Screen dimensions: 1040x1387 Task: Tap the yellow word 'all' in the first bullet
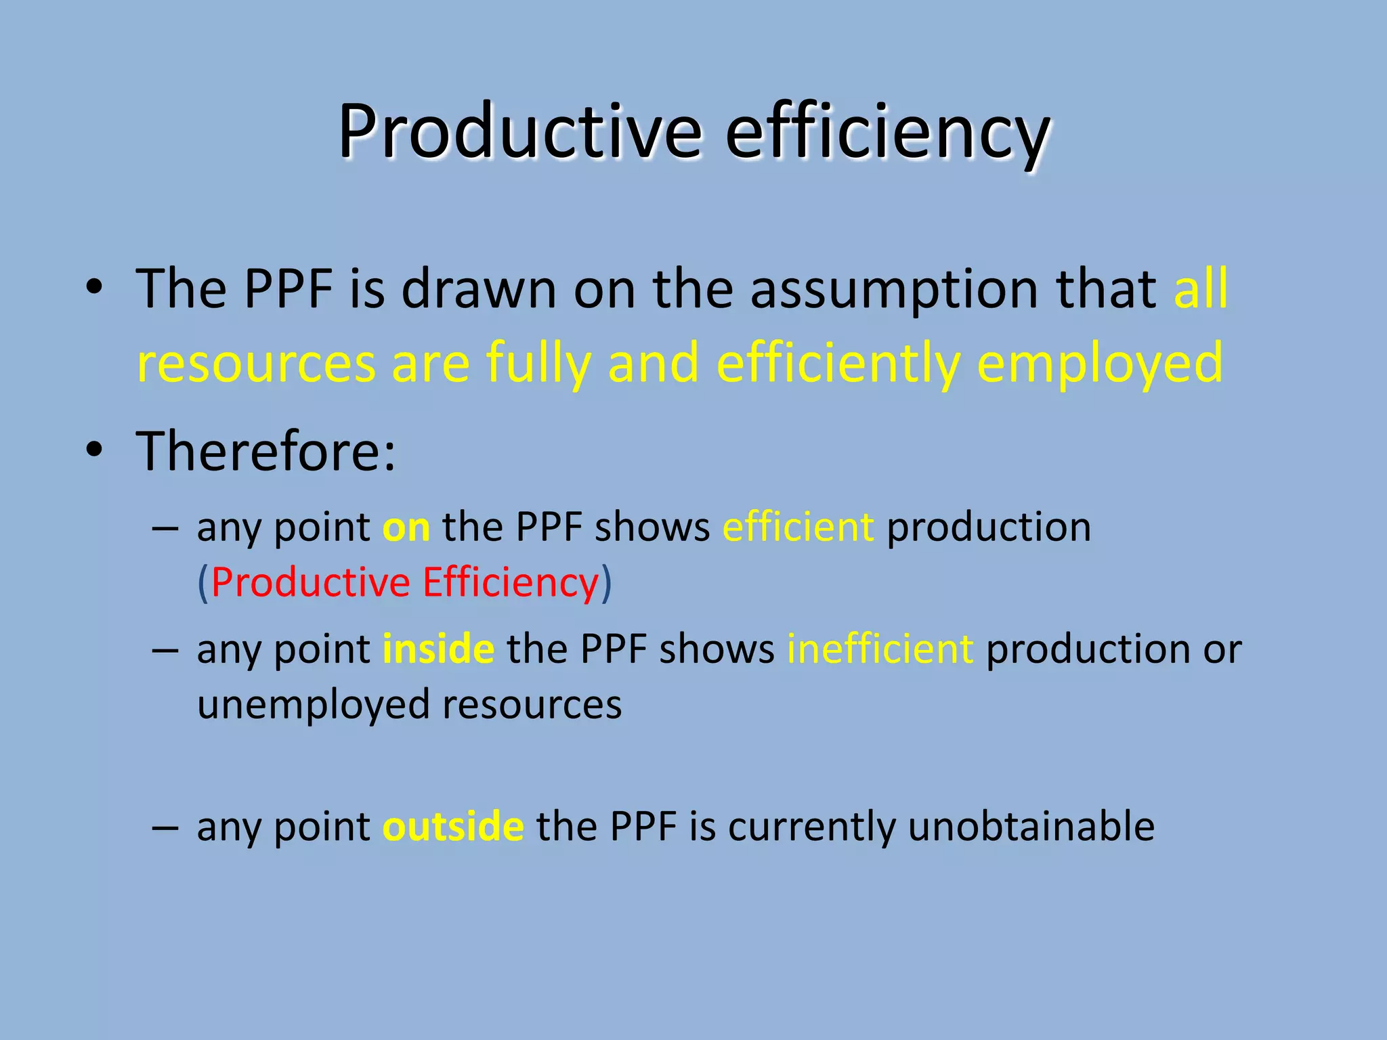[1201, 288]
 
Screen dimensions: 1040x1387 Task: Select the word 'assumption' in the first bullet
[894, 290]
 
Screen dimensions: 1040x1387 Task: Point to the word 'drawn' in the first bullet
[479, 288]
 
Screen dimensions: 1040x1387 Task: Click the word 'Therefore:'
[265, 451]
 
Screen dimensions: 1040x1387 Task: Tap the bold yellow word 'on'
[406, 527]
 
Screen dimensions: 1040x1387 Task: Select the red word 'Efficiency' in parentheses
[511, 582]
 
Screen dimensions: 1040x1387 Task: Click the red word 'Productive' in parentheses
[311, 582]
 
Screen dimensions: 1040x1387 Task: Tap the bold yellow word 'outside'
[453, 826]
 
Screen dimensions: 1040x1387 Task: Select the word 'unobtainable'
[1031, 826]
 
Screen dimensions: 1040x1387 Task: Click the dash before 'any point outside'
[165, 827]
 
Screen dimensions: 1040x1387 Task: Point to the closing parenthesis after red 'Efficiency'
[606, 582]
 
